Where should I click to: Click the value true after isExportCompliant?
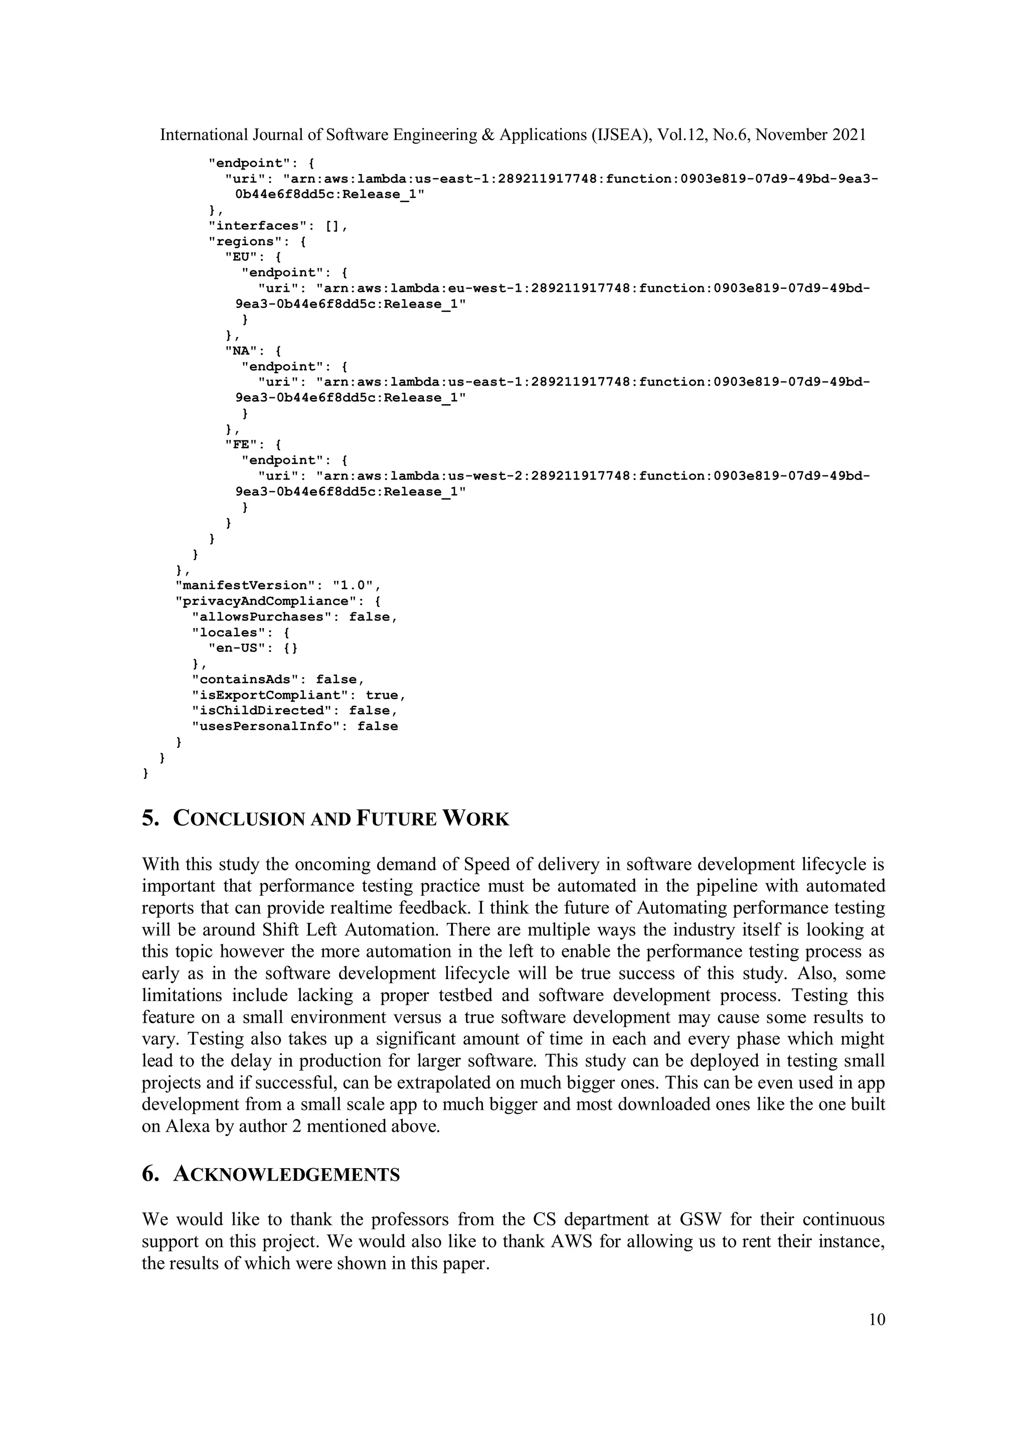382,695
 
